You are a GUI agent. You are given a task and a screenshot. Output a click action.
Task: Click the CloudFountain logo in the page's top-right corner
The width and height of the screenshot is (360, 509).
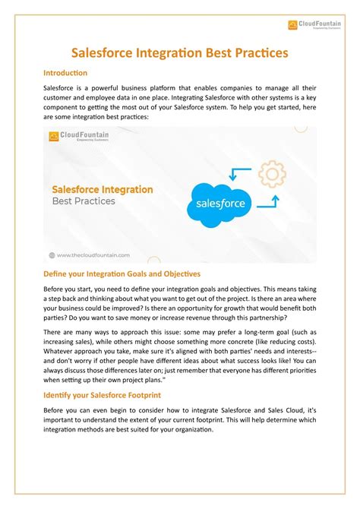[x=314, y=25]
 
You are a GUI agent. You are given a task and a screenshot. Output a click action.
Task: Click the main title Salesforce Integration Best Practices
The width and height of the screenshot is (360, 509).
[x=179, y=54]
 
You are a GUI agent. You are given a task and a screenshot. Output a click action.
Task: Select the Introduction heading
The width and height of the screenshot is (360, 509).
[x=65, y=73]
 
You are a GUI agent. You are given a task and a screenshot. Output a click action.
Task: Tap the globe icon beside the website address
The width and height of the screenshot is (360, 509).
[x=52, y=256]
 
